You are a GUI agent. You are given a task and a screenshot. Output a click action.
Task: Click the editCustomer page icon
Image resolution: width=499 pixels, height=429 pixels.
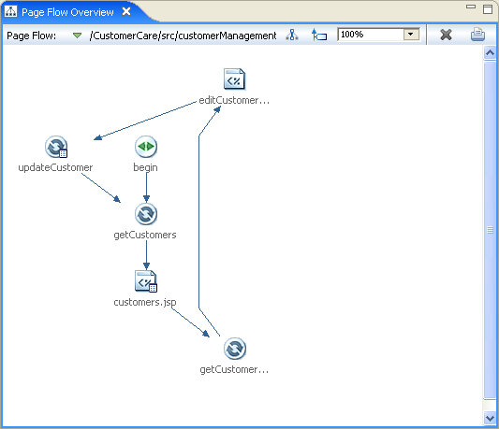pos(235,79)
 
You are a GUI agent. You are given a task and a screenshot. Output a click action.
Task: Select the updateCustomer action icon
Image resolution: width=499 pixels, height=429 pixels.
pos(56,147)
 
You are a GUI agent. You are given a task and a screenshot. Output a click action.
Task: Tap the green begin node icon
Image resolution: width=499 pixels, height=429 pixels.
pos(146,147)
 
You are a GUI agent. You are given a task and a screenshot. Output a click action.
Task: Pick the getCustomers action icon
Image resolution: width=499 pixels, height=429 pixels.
pos(146,214)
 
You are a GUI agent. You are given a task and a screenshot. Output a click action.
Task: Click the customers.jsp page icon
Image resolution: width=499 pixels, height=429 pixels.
pos(146,281)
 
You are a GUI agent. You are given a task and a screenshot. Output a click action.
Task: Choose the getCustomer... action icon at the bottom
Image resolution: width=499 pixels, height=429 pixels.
pos(235,349)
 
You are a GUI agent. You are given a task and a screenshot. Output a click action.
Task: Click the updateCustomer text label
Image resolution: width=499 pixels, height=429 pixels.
pos(55,167)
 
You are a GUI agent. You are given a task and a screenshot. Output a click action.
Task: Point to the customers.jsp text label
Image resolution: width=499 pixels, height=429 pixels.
pos(145,302)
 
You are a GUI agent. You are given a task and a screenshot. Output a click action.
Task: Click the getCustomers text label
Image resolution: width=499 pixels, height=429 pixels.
pos(145,235)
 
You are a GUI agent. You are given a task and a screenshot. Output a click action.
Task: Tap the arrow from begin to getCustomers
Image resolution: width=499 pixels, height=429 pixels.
pos(146,188)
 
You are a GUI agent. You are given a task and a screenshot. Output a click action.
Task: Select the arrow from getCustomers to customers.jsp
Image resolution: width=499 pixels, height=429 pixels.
pos(146,255)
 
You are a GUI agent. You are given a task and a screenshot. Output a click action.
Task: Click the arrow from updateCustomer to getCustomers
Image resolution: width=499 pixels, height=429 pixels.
pos(101,188)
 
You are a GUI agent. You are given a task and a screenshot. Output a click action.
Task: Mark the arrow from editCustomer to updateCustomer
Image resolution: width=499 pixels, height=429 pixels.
pos(145,121)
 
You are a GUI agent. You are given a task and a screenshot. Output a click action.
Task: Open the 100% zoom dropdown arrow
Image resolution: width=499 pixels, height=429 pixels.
pos(411,35)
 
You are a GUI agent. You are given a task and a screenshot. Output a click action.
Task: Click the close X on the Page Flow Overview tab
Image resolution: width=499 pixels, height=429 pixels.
pos(126,11)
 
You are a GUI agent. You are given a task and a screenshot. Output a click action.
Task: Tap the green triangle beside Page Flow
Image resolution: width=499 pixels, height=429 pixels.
pos(77,36)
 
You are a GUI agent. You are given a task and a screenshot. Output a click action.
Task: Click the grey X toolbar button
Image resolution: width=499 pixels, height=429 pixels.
pos(446,35)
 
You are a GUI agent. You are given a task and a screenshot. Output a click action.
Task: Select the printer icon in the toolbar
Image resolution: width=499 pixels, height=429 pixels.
pos(477,35)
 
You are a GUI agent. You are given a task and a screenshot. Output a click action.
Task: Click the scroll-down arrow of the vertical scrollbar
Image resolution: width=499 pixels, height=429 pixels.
pos(490,418)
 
